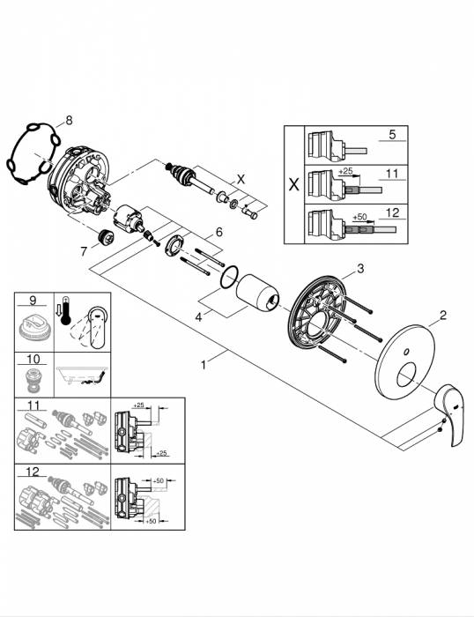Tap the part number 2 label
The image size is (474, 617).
(444, 315)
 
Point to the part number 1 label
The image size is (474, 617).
(204, 362)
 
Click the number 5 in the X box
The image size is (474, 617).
(393, 137)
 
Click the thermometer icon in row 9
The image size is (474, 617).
(64, 313)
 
